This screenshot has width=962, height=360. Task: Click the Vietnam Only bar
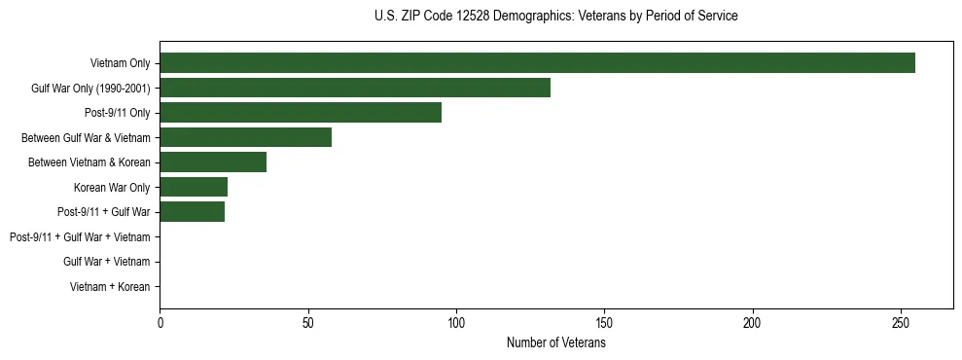tap(537, 63)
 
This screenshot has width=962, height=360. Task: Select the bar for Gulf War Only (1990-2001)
tap(355, 88)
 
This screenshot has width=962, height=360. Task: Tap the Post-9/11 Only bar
tap(301, 113)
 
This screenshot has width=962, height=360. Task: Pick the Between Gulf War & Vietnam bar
tap(245, 137)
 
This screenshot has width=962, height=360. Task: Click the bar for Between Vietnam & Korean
tap(213, 162)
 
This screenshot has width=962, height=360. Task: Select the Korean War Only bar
tap(194, 187)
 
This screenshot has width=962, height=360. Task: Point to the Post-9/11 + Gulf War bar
tap(192, 212)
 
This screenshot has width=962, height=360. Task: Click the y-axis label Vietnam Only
tap(120, 63)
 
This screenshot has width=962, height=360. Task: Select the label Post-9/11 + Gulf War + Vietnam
tap(80, 237)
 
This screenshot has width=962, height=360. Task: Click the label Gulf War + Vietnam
tap(106, 262)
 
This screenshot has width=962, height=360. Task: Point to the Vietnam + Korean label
tap(110, 287)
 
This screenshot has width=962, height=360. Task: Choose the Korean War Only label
tap(112, 188)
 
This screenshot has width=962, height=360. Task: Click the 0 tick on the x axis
tap(160, 323)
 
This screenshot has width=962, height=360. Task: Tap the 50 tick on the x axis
tap(308, 323)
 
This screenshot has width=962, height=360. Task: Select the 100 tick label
tap(456, 323)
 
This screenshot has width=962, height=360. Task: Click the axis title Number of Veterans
tap(555, 343)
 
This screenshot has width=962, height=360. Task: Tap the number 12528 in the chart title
tap(473, 17)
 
